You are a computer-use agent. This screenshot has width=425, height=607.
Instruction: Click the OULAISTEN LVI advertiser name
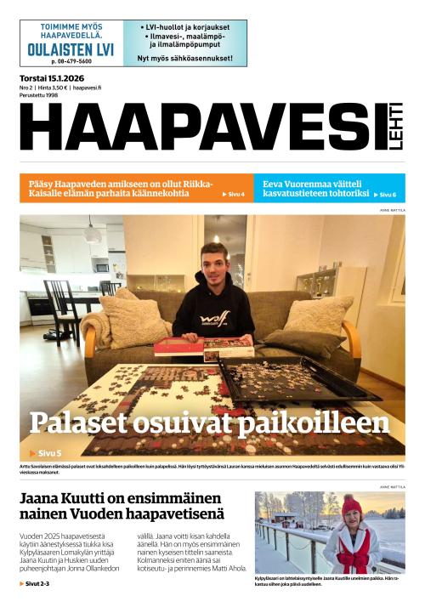[x=71, y=49]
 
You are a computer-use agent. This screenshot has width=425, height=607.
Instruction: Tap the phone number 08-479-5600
[x=71, y=62]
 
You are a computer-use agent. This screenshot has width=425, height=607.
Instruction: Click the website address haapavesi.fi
[x=87, y=88]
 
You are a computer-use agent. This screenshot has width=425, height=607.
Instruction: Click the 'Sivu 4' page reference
[x=234, y=195]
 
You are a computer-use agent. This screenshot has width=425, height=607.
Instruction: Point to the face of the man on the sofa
[x=212, y=258]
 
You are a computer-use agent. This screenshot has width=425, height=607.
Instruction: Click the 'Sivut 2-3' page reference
[x=35, y=584]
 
